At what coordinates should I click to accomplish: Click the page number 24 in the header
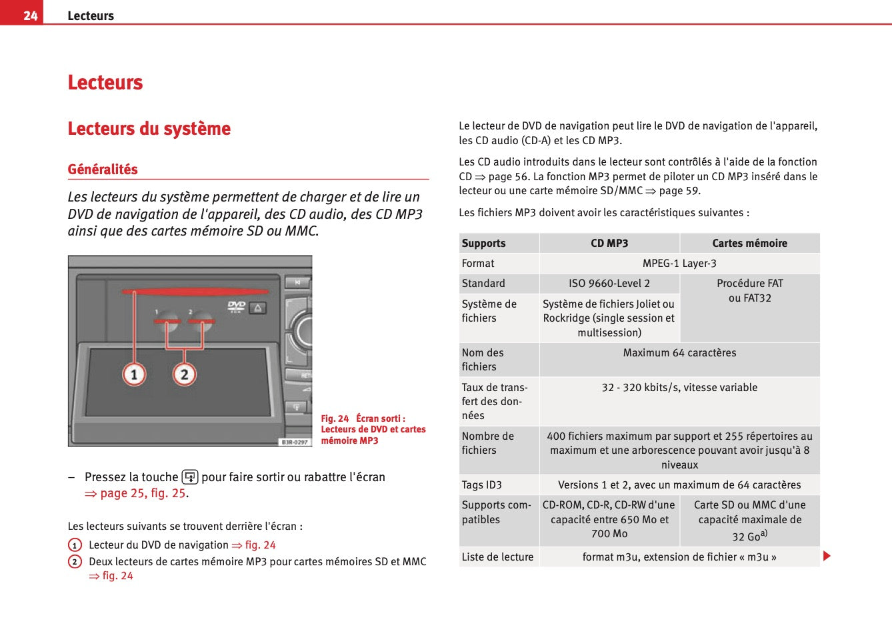click(x=30, y=15)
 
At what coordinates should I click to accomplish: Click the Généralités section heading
click(x=103, y=170)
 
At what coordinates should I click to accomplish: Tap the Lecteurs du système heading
click(x=149, y=129)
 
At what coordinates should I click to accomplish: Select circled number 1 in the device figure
click(x=134, y=374)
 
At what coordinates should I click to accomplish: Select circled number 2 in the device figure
click(x=185, y=374)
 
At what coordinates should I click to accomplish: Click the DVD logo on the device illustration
click(x=237, y=306)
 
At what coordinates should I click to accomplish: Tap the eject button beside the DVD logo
click(x=259, y=308)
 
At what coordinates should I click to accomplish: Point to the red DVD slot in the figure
click(x=200, y=292)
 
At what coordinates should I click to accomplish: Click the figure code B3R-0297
click(x=295, y=442)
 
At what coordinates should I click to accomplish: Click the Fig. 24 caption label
click(x=335, y=418)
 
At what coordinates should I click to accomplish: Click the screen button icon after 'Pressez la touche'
click(x=190, y=477)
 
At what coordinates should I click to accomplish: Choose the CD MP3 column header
click(x=609, y=244)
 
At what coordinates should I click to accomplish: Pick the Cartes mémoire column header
click(x=749, y=244)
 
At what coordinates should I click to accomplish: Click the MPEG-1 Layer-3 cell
click(x=679, y=264)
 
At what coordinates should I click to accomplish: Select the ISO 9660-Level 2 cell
click(x=609, y=284)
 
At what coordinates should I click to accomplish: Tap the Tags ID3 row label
click(x=482, y=485)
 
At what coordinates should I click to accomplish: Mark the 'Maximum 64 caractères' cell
click(x=679, y=353)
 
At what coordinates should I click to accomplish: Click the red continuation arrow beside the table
click(x=827, y=556)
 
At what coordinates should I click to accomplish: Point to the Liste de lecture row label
click(x=497, y=557)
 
